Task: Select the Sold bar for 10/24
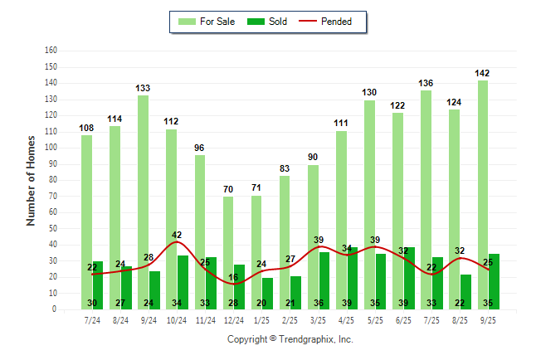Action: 183,282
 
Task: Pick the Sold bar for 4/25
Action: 353,278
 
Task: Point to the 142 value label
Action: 482,73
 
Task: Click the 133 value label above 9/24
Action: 143,88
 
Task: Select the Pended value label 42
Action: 177,235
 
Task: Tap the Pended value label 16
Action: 233,277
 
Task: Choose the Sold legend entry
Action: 269,22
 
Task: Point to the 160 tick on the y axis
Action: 51,50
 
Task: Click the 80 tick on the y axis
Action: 53,179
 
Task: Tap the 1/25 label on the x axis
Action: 262,319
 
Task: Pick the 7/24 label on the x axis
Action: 92,319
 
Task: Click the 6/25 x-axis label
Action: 403,319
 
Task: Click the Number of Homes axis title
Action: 31,179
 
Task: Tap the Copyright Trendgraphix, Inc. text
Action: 290,339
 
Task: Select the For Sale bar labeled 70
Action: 228,249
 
